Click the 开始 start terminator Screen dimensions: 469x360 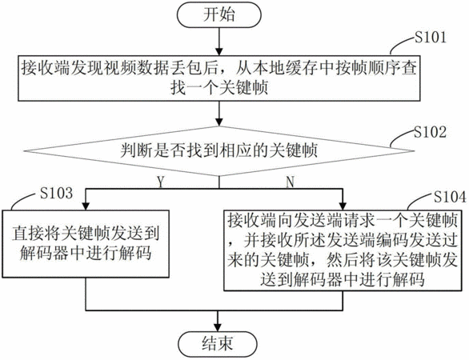[219, 15]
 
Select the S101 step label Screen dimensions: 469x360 [430, 38]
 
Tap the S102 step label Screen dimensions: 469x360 [430, 132]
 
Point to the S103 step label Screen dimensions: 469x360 [57, 193]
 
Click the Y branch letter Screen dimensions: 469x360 [161, 182]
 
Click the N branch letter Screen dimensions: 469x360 [291, 182]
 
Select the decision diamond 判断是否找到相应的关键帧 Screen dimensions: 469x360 [219, 150]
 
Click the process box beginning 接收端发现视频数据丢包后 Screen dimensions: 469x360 [219, 78]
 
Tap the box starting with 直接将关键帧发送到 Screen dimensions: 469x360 [86, 244]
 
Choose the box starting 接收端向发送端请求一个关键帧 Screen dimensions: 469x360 [343, 250]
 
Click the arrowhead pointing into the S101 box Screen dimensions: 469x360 [219, 51]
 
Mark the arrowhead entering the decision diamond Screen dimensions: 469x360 [219, 122]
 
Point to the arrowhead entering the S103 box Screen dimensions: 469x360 [86, 206]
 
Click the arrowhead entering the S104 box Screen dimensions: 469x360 [343, 206]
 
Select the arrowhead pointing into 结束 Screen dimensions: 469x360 [218, 327]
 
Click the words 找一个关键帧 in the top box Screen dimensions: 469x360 [219, 88]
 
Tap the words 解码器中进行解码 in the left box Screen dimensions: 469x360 [86, 254]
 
